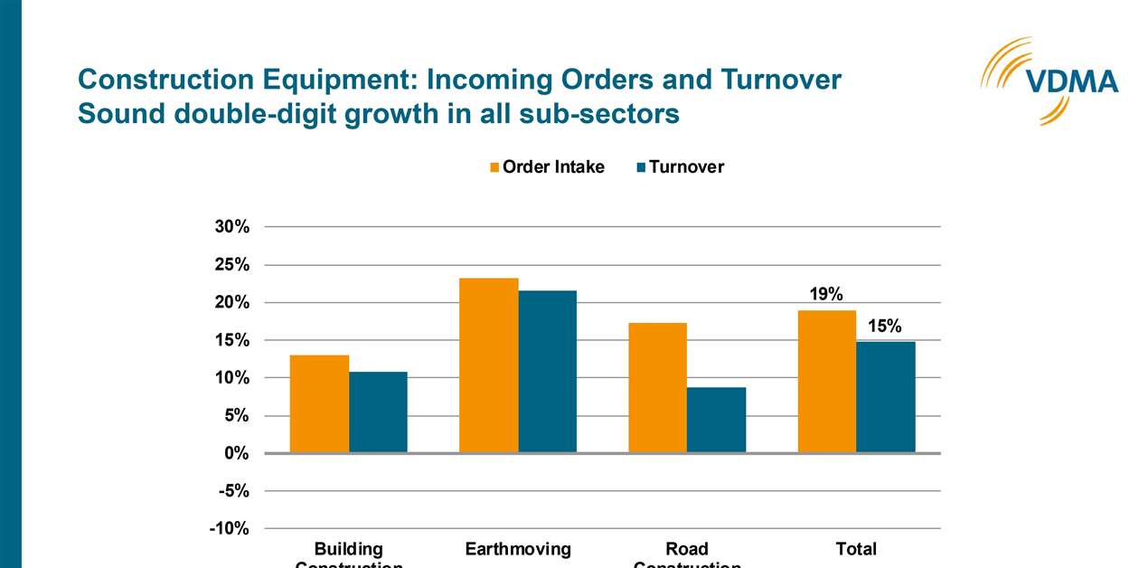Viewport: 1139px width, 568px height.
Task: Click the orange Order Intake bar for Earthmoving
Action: [x=488, y=365]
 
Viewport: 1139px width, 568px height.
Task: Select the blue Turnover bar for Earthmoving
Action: [x=547, y=372]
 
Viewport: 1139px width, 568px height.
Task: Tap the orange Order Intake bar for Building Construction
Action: [x=319, y=403]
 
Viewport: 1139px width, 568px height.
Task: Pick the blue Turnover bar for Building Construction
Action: [x=378, y=412]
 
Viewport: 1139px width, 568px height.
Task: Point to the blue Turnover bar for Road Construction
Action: [x=716, y=420]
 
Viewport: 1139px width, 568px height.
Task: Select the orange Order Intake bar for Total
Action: [x=826, y=381]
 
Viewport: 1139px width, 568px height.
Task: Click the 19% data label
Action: [x=826, y=294]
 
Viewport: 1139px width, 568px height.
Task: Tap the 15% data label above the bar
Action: [x=885, y=327]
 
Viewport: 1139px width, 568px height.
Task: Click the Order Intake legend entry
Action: [x=547, y=167]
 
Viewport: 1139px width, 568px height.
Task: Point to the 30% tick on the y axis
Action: [x=231, y=227]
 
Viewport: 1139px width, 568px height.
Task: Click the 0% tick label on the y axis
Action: [x=236, y=453]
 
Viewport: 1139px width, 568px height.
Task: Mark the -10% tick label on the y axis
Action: [x=229, y=529]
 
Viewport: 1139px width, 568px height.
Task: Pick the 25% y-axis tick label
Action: [x=231, y=265]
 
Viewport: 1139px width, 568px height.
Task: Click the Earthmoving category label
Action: [x=518, y=549]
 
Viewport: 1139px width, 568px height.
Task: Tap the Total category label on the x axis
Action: [x=855, y=549]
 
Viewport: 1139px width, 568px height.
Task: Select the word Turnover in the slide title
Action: [x=780, y=80]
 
